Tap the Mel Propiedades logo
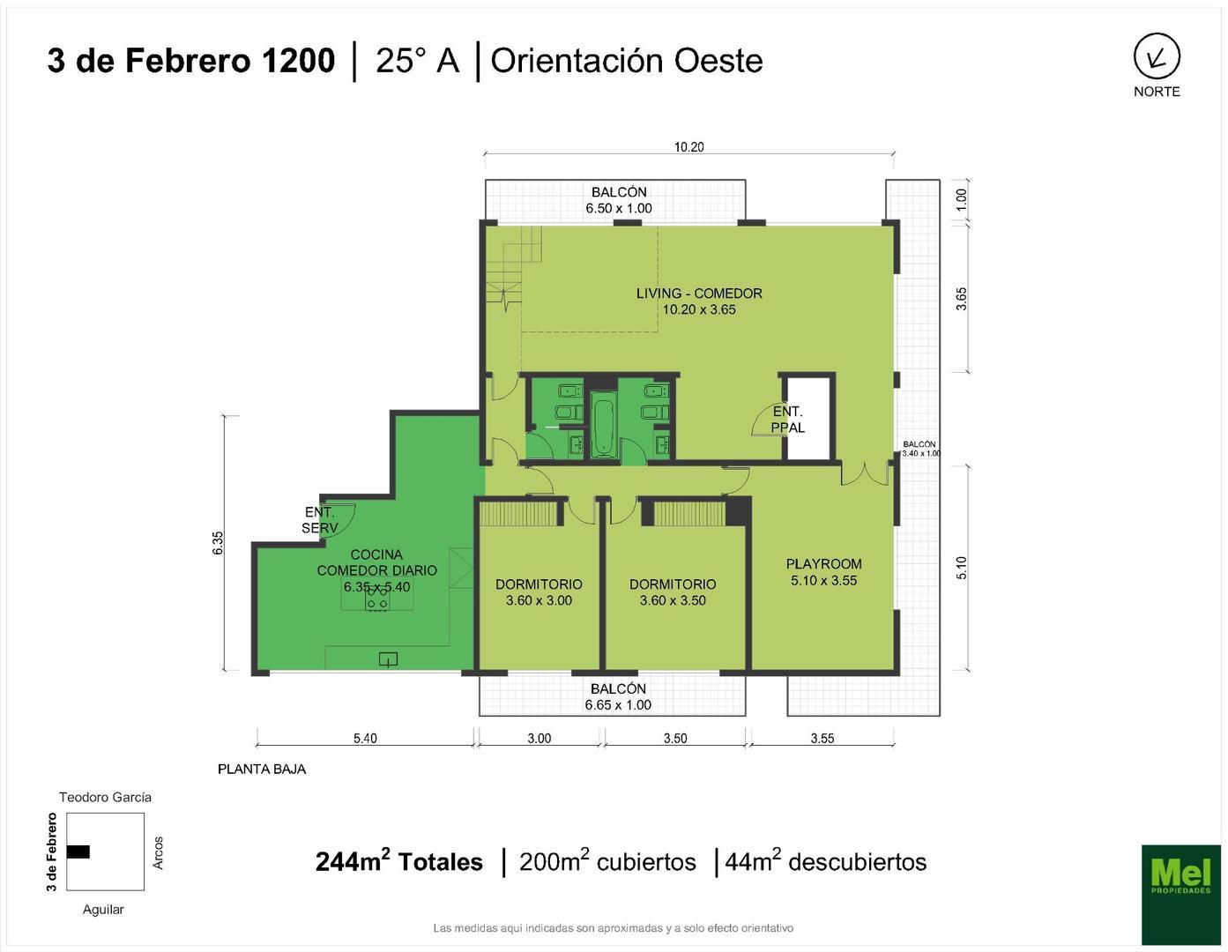click(1180, 894)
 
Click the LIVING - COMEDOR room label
click(699, 301)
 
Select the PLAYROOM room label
click(823, 572)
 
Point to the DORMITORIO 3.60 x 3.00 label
click(539, 592)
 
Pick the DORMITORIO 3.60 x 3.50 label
click(673, 592)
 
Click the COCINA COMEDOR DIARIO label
click(376, 570)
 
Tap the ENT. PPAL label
click(787, 420)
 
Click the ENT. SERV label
click(319, 520)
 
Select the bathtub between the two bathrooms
click(603, 428)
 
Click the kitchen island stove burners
click(377, 599)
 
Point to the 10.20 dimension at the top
click(688, 147)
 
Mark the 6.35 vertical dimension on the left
click(218, 542)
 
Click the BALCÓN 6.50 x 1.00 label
click(619, 200)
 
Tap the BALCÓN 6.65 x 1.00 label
click(618, 696)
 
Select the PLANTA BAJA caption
click(262, 769)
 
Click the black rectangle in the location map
click(78, 852)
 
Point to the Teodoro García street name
click(105, 797)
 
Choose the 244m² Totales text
click(398, 861)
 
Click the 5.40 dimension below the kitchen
click(365, 739)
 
